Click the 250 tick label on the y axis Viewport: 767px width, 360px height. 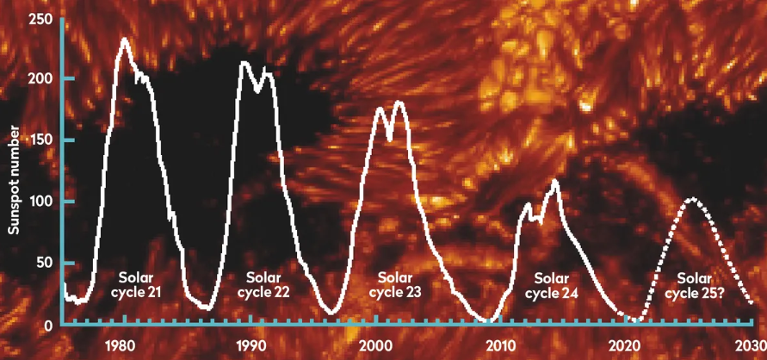[42, 19]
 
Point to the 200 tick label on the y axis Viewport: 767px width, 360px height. [42, 78]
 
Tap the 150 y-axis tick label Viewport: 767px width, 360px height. [42, 140]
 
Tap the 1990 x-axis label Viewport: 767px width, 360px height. [251, 346]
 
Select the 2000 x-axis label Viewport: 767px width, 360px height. [375, 346]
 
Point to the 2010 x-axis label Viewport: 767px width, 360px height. [501, 346]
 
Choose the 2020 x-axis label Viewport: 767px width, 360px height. [626, 346]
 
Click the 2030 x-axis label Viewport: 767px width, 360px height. [750, 346]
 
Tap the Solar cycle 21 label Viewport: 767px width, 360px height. [138, 285]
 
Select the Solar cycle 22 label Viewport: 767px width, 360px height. [263, 284]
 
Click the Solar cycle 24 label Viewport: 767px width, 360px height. [551, 285]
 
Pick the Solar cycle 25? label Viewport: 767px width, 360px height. [694, 285]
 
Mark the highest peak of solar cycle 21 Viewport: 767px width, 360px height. [125, 39]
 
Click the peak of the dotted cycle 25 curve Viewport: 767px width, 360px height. [690, 199]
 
